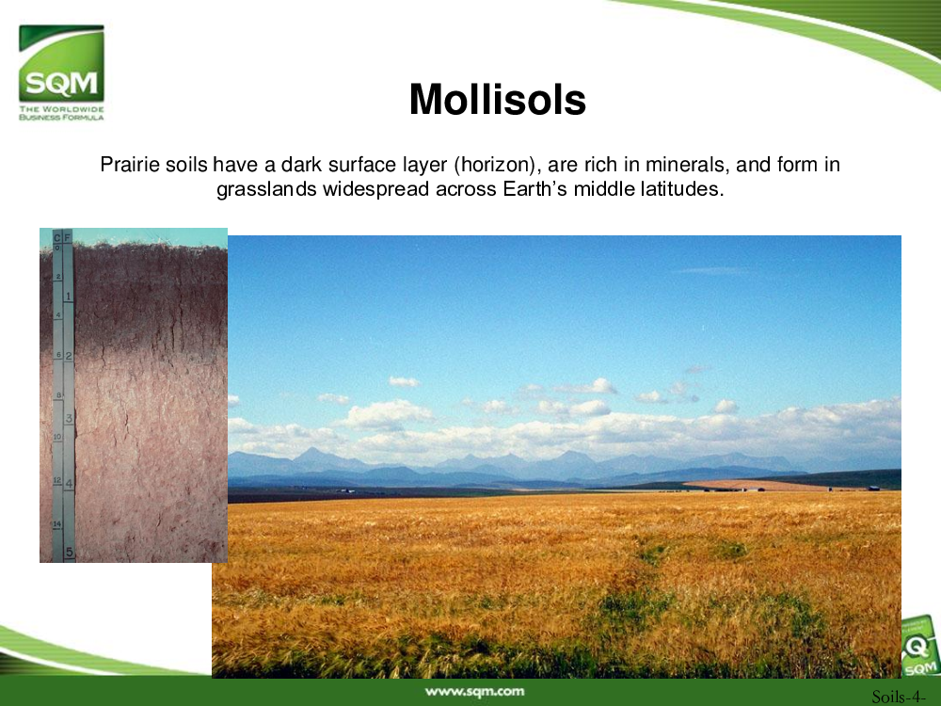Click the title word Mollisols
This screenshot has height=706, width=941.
click(x=498, y=99)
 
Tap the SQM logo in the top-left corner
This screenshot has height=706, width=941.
click(x=61, y=64)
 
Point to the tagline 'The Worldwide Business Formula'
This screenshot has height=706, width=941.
click(x=61, y=113)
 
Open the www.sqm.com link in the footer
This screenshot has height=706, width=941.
click(x=474, y=692)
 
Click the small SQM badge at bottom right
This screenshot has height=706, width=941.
click(x=920, y=648)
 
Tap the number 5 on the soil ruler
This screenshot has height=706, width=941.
click(x=70, y=552)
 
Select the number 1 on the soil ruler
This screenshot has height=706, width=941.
click(x=69, y=297)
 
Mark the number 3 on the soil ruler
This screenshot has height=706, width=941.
click(x=69, y=419)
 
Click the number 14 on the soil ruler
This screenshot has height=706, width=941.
click(x=57, y=524)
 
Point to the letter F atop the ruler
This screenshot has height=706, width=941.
click(x=68, y=238)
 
